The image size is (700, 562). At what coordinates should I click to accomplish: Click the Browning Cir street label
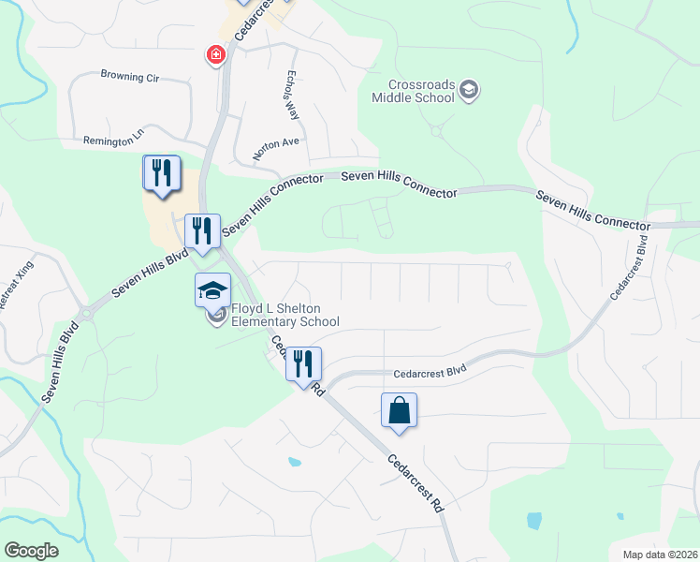tap(130, 77)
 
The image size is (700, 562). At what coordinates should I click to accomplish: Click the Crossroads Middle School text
tap(413, 90)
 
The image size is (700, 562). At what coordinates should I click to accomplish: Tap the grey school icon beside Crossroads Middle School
tap(469, 91)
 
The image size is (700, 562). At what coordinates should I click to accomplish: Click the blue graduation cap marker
tap(212, 289)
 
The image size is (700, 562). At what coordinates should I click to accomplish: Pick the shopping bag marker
tap(399, 410)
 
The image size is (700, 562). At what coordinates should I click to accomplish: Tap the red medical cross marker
tap(216, 56)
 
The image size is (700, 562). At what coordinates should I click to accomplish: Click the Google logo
tap(31, 551)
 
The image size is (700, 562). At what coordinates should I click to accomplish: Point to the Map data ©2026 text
tap(660, 555)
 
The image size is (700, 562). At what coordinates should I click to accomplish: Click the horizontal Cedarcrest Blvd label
tap(430, 371)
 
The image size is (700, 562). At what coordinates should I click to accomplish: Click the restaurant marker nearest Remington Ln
tap(160, 173)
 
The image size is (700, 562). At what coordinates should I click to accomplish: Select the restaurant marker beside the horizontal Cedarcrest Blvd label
tap(303, 362)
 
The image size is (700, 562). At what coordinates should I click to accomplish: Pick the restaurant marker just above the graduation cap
tap(202, 230)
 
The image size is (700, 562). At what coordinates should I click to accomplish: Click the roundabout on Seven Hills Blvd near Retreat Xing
tap(87, 313)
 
